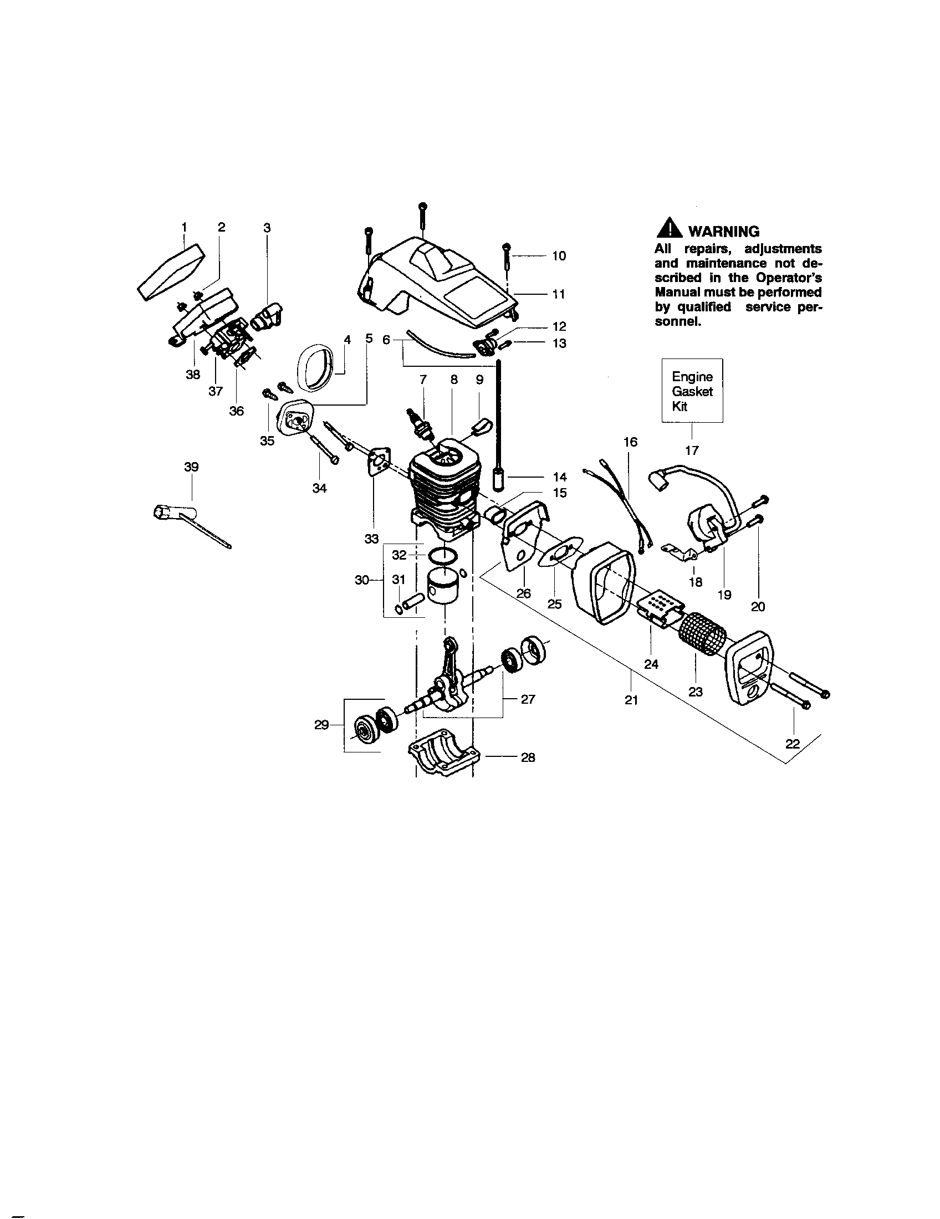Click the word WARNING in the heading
click(x=724, y=231)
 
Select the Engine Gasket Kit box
click(x=692, y=391)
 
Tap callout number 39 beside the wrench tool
click(x=191, y=467)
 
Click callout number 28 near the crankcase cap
click(x=528, y=757)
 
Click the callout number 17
click(x=692, y=450)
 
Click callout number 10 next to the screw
click(x=559, y=256)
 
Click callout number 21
click(x=631, y=700)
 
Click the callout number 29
click(x=321, y=726)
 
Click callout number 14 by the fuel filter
click(x=559, y=477)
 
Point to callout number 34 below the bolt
click(x=319, y=489)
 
